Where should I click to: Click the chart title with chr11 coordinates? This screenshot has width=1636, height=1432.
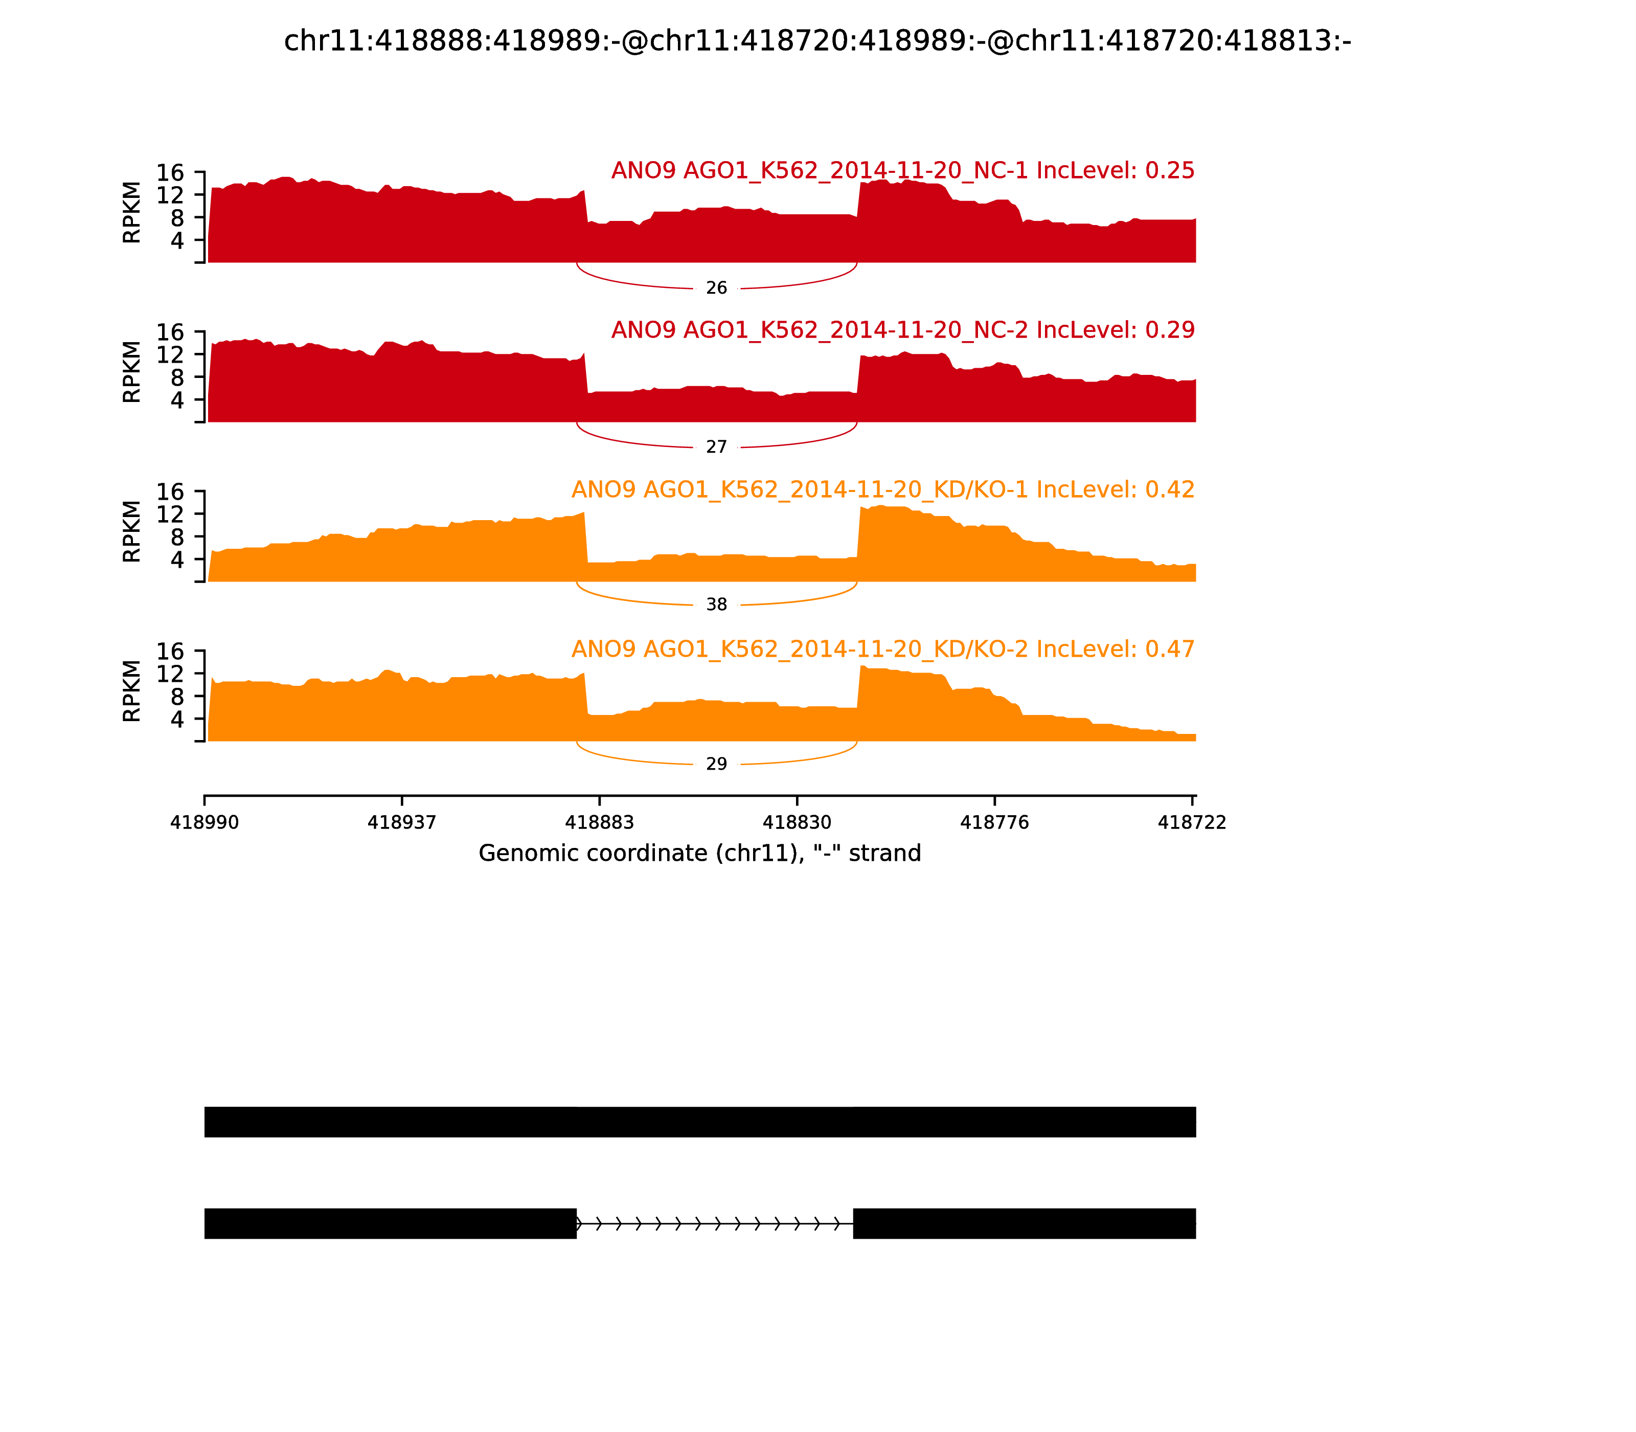[x=817, y=41]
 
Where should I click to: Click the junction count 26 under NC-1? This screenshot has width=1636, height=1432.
[x=717, y=287]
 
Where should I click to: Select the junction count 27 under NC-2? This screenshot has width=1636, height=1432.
[x=717, y=446]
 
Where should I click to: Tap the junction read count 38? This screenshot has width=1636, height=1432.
[x=717, y=605]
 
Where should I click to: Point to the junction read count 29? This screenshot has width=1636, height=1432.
[x=717, y=764]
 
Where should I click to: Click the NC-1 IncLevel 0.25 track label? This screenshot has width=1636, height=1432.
[x=903, y=171]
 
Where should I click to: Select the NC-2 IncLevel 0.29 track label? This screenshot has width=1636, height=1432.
[x=903, y=330]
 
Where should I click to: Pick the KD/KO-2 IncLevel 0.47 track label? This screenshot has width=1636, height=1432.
[x=883, y=649]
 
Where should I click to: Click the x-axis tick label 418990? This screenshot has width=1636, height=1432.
[x=204, y=823]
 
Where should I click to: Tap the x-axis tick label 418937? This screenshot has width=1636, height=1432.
[x=402, y=823]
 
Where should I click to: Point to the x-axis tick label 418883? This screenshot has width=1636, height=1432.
[x=599, y=823]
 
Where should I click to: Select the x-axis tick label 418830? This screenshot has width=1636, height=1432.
[x=797, y=823]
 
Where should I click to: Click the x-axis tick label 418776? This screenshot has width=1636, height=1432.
[x=994, y=823]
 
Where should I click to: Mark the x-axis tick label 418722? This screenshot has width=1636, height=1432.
[x=1192, y=823]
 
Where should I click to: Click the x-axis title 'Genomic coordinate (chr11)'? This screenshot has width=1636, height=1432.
[x=700, y=854]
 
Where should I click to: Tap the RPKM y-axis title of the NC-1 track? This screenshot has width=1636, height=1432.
[x=132, y=213]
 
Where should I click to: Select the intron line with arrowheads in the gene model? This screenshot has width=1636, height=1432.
[x=715, y=1223]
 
